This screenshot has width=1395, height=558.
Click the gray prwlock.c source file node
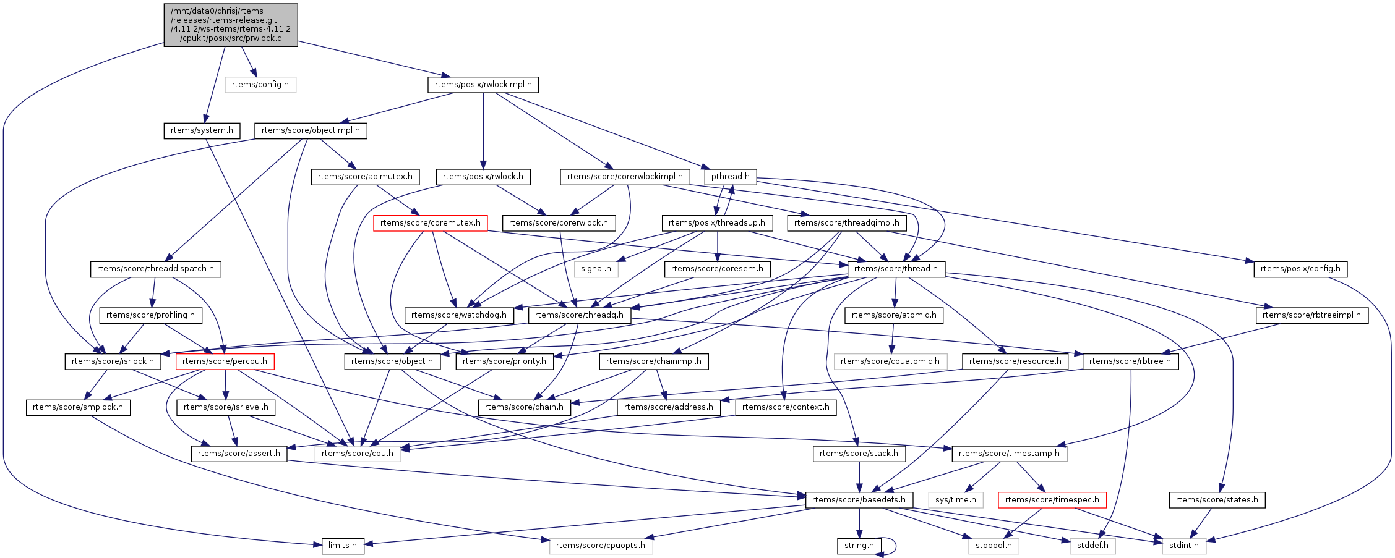click(230, 25)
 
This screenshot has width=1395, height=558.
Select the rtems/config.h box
click(260, 85)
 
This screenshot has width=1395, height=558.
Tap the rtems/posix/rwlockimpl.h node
click(483, 85)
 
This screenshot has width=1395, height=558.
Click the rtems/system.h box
click(202, 130)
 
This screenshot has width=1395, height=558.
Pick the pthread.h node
click(730, 177)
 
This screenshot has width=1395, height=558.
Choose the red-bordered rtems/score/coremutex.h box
click(430, 223)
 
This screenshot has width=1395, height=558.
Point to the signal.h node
click(596, 269)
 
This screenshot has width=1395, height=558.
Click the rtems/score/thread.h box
click(896, 269)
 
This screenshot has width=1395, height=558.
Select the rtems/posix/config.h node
click(1300, 269)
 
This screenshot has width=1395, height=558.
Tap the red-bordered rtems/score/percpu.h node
click(225, 361)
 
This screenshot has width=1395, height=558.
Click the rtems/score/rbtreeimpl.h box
click(1311, 315)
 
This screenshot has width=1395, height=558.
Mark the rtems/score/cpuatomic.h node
click(890, 361)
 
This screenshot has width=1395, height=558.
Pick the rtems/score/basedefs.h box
click(859, 500)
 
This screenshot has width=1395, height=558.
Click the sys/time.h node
click(955, 500)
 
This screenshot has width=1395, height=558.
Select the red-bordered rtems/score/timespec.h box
click(1052, 500)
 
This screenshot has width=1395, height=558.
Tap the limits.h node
click(342, 546)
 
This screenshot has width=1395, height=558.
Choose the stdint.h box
click(1183, 546)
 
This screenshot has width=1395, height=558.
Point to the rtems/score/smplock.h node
click(77, 407)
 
